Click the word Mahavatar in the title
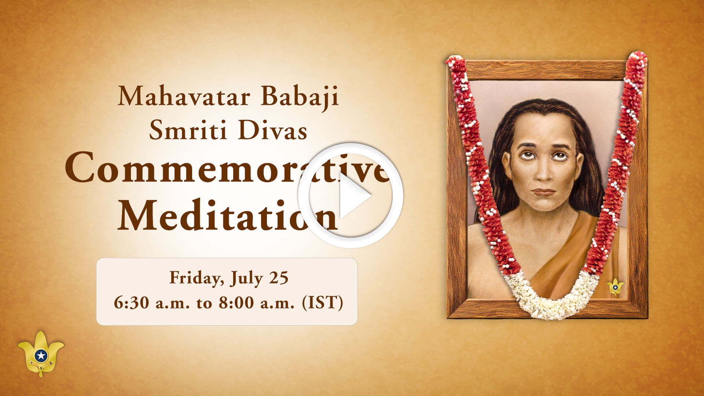[184, 96]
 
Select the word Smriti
[188, 130]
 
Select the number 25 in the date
[279, 278]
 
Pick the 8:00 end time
[236, 303]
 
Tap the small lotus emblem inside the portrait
[615, 286]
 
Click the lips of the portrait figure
[543, 192]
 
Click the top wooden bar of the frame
[546, 70]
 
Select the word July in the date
[247, 278]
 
